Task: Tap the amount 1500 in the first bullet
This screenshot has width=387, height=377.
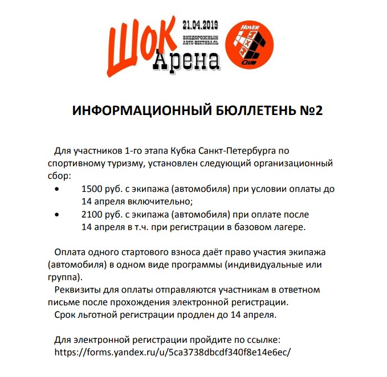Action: coord(92,189)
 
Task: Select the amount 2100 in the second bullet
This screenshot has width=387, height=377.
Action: coord(92,214)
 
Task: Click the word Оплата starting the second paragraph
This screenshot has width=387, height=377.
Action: coord(71,252)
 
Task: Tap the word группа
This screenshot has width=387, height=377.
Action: coord(63,277)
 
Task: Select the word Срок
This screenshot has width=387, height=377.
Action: coord(65,314)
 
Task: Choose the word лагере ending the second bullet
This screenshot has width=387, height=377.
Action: coord(288,227)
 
